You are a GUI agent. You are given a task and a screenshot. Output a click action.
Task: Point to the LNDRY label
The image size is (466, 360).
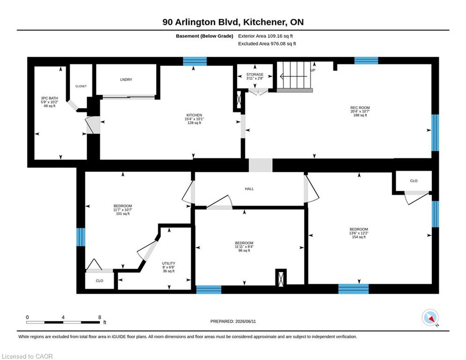(x=126, y=79)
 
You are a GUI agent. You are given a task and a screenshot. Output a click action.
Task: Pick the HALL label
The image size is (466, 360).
(x=249, y=188)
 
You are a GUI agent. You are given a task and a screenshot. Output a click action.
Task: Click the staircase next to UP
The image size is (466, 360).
(x=295, y=76)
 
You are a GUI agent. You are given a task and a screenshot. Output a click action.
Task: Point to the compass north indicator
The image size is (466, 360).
(x=430, y=318)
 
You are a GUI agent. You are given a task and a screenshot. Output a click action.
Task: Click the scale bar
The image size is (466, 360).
(x=63, y=322)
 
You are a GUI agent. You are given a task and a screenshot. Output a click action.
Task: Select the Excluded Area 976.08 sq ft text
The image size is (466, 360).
(x=267, y=44)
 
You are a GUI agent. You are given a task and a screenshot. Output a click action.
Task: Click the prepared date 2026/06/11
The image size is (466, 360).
(x=246, y=321)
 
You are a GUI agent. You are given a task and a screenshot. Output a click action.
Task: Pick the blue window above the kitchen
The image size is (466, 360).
(x=195, y=61)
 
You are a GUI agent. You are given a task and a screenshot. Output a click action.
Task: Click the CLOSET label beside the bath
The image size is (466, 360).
(x=81, y=86)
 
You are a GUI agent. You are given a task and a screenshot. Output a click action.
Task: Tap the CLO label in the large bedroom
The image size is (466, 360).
(x=414, y=180)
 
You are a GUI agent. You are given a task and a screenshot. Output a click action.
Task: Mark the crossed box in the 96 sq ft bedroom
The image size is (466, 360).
(x=281, y=278)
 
